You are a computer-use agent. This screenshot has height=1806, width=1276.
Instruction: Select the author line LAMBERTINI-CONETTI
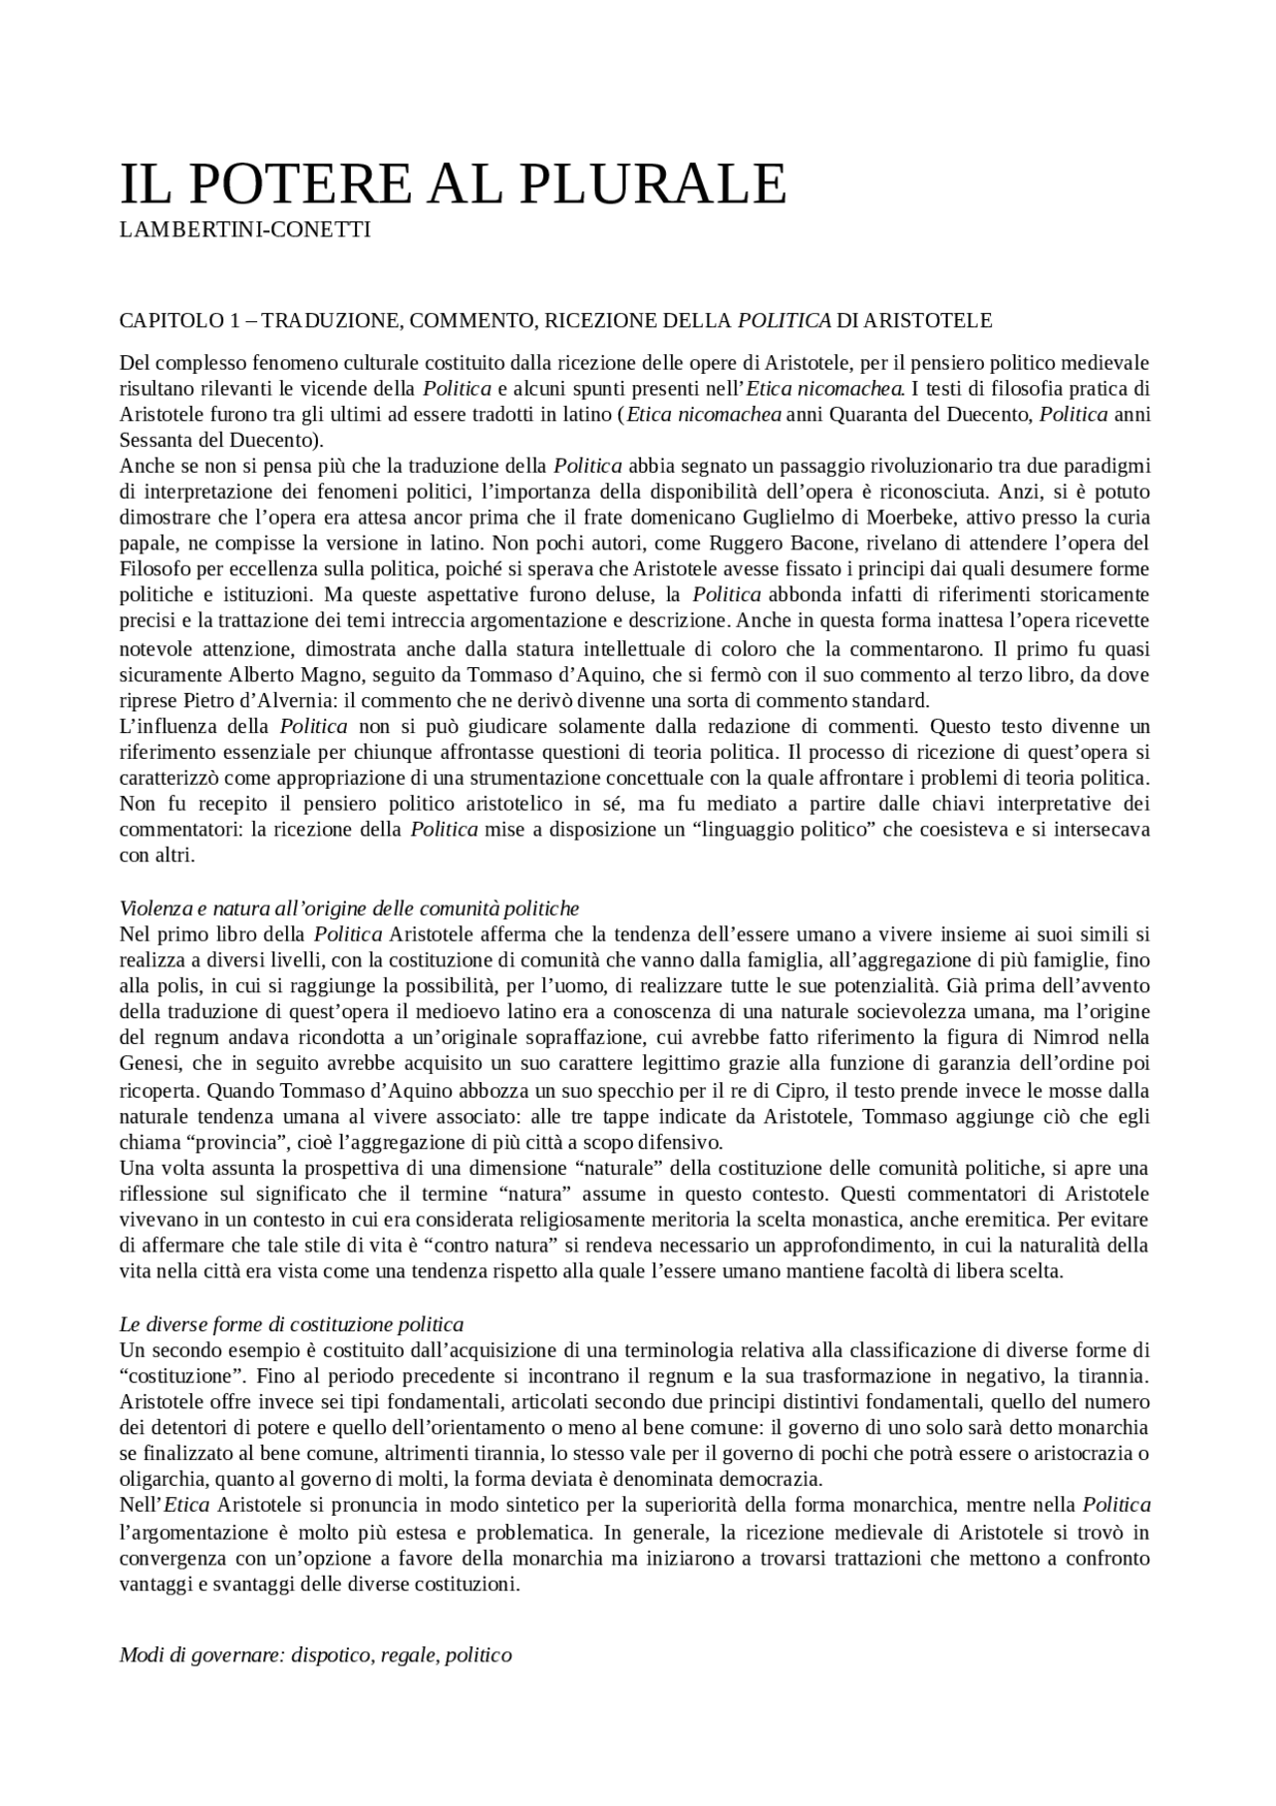click(244, 230)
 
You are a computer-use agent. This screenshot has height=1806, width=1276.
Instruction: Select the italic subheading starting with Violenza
click(349, 908)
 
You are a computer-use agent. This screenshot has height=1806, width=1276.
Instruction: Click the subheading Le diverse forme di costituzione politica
click(291, 1325)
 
